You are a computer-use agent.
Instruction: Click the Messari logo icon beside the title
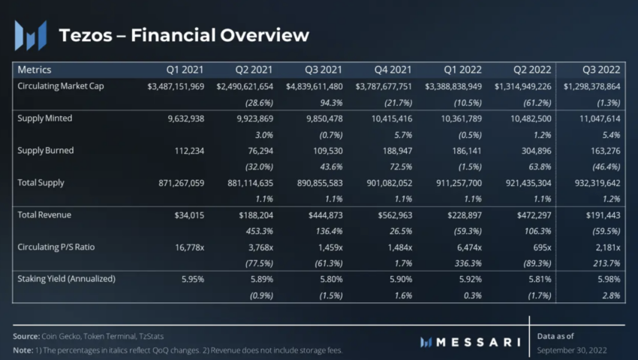[x=31, y=35]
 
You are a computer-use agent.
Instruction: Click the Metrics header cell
[x=35, y=70]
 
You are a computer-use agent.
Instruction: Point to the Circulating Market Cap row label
[x=61, y=86]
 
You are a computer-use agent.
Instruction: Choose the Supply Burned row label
[x=46, y=150]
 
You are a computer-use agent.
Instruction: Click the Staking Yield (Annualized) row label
[x=66, y=278]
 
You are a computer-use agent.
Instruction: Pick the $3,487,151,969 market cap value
[x=176, y=87]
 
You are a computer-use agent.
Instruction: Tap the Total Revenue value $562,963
[x=393, y=214]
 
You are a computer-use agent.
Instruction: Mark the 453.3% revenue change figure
[x=257, y=230]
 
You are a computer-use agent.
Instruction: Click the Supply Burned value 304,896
[x=533, y=151]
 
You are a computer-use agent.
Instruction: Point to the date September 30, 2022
[x=572, y=350]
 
